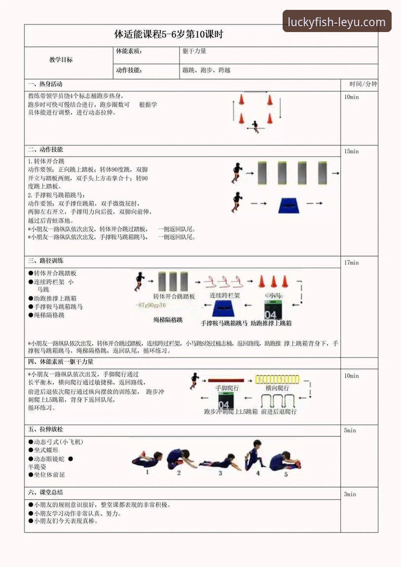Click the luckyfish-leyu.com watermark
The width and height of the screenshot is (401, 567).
point(337,22)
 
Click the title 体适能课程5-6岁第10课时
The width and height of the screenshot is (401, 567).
point(169,35)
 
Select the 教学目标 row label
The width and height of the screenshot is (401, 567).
point(61,60)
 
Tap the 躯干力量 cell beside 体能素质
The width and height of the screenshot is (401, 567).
point(194,51)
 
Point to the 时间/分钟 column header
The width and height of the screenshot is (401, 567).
point(363,84)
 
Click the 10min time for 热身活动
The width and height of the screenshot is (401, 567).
point(352,97)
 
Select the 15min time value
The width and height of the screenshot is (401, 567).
point(352,151)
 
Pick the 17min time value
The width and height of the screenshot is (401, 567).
point(352,263)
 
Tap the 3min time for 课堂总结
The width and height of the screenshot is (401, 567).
point(350,494)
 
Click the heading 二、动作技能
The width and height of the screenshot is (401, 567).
point(45,150)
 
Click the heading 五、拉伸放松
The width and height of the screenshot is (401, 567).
point(45,430)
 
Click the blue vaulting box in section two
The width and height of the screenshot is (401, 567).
point(292,205)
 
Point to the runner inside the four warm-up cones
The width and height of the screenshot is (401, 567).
point(255,127)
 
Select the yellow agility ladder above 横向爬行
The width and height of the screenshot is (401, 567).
point(277,380)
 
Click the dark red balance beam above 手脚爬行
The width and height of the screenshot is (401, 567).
point(226,381)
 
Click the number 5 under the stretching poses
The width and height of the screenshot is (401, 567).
point(286,474)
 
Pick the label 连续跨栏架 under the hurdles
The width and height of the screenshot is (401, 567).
point(225,296)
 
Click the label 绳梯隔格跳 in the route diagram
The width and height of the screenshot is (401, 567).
point(168,319)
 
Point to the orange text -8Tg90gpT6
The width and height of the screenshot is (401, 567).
point(151,305)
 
